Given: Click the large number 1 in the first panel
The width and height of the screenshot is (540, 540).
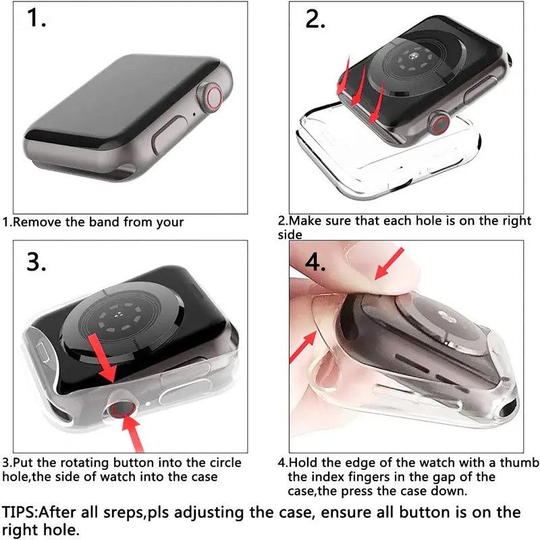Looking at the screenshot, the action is [36, 18].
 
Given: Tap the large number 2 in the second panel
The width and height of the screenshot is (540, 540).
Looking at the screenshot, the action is [315, 19].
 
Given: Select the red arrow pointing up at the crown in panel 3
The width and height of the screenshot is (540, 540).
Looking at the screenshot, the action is [133, 433].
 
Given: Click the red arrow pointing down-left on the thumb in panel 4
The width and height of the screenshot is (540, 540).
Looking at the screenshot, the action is [389, 263].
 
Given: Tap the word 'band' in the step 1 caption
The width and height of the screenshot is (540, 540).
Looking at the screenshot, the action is [104, 222].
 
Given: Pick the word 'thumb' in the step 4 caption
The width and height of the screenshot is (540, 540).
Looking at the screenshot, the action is [519, 462].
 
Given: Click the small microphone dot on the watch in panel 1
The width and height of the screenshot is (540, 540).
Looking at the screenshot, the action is [194, 114].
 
